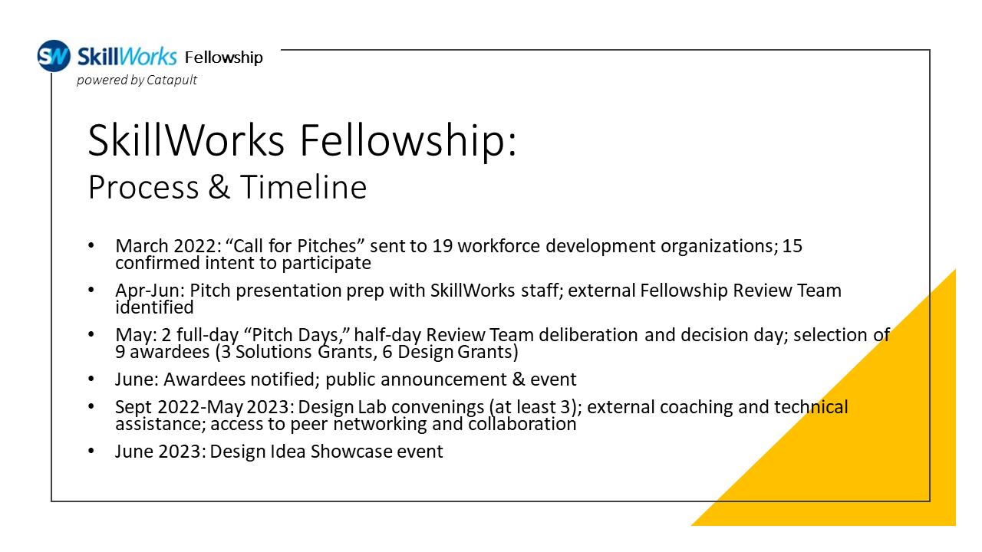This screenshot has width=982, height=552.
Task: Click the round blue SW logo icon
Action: (x=54, y=56)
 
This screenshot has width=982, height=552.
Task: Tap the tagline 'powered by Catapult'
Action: (x=137, y=80)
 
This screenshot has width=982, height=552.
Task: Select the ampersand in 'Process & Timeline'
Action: (x=219, y=187)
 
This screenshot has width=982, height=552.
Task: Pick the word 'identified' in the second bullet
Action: (x=154, y=307)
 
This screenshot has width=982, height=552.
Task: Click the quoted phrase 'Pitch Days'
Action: (x=297, y=335)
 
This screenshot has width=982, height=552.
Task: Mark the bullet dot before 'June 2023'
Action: (x=93, y=451)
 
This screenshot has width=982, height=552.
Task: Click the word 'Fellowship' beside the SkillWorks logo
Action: (x=224, y=58)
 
